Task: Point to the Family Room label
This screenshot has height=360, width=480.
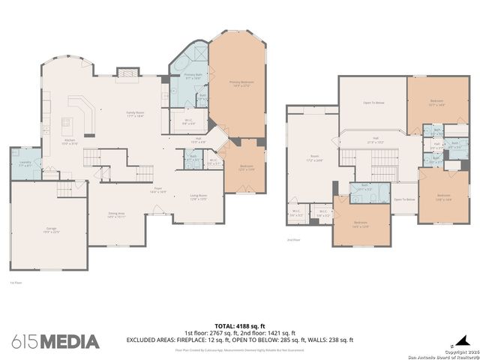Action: [x=134, y=113]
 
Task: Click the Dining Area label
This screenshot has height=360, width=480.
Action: [x=116, y=214]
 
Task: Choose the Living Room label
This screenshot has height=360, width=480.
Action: [x=198, y=197]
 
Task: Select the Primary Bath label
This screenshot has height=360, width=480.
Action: [x=193, y=76]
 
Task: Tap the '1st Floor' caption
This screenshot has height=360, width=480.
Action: [x=13, y=282]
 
